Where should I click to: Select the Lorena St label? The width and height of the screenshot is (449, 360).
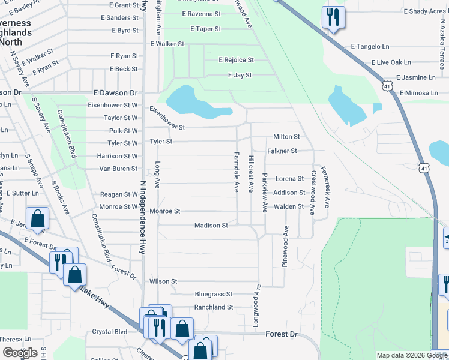(x=289, y=179)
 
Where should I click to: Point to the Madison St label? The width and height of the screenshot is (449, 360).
(x=211, y=226)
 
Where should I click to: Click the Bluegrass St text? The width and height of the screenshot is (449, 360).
(x=213, y=294)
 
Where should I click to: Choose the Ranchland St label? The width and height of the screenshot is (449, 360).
(x=213, y=307)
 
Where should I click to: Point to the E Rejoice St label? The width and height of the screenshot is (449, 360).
(x=236, y=60)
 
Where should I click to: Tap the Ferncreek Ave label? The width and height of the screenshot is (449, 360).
(x=325, y=187)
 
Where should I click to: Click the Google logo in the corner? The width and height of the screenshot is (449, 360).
(x=20, y=353)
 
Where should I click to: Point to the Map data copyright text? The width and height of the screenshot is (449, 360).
(x=403, y=355)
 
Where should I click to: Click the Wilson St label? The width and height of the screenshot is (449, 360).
(x=163, y=281)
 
